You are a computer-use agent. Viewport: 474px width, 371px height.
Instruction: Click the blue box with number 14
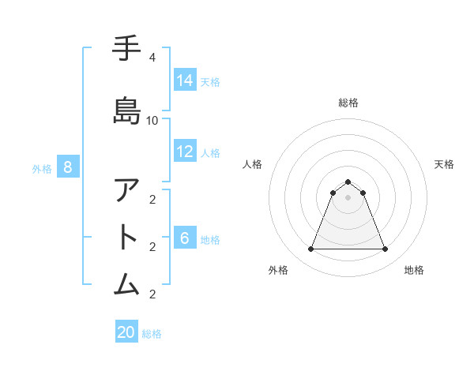coord(185,80)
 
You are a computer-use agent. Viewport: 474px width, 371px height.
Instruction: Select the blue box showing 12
coord(185,152)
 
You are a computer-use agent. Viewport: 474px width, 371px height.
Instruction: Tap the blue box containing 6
coord(185,238)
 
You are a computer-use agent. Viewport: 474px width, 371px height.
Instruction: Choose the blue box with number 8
coord(68,167)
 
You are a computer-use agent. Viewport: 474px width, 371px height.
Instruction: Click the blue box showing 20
coord(126,332)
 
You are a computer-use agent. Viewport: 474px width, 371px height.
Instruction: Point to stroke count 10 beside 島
coord(152,120)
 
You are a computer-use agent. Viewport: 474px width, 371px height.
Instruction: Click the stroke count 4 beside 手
coord(152,58)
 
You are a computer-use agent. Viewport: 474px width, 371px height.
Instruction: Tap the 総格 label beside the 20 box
coord(152,334)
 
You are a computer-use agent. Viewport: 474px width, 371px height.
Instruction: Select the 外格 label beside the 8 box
coord(42,168)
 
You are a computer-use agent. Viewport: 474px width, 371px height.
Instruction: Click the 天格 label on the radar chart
coord(444,164)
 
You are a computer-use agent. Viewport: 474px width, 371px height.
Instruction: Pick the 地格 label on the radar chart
coord(414,270)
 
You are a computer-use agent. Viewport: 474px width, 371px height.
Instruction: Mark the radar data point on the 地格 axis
coord(386,249)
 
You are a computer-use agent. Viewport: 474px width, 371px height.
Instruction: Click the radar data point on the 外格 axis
coord(310,249)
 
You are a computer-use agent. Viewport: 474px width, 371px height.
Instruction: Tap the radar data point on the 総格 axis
coord(348,182)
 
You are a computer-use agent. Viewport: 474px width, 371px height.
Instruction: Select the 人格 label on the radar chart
coord(252,164)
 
